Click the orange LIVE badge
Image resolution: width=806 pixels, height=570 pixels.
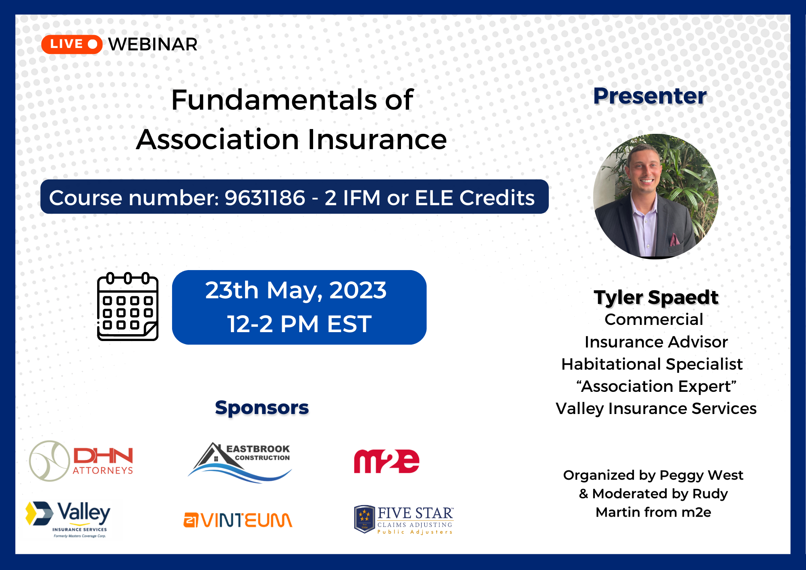[x=72, y=44]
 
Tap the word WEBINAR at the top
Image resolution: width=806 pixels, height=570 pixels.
[x=153, y=44]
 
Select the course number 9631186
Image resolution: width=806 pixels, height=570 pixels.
[x=265, y=198]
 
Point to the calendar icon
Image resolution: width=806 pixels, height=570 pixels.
[x=128, y=307]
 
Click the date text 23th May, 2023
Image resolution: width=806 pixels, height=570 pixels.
[x=296, y=290]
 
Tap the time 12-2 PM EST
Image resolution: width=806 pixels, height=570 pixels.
[x=299, y=324]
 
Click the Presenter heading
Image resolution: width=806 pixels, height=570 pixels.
[x=650, y=96]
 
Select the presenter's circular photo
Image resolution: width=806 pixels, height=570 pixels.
[x=656, y=196]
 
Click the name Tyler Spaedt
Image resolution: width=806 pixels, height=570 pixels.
[x=656, y=297]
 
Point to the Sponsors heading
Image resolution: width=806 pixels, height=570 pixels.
[x=262, y=408]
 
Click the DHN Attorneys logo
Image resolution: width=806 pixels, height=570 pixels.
[x=81, y=461]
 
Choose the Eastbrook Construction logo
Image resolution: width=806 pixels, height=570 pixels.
[x=240, y=462]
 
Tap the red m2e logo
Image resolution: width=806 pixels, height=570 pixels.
[x=386, y=461]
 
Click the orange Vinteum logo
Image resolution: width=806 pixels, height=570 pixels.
[x=238, y=520]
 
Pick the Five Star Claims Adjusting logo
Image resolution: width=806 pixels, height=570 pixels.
[x=404, y=520]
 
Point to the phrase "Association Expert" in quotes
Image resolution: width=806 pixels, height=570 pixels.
[x=656, y=386]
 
